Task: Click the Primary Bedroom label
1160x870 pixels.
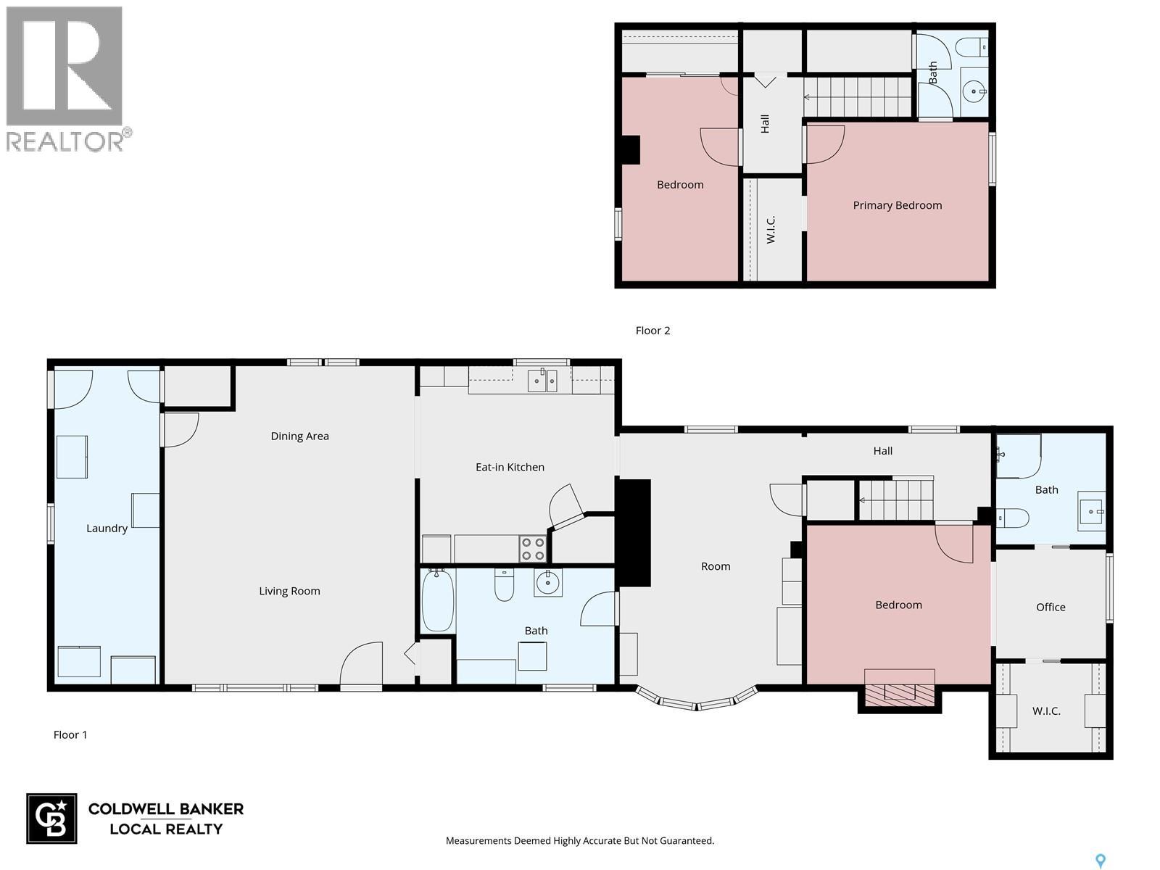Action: pyautogui.click(x=897, y=205)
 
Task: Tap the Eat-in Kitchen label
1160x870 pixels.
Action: pyautogui.click(x=510, y=467)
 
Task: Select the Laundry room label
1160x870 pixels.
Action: pyautogui.click(x=107, y=529)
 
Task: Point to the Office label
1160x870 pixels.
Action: pyautogui.click(x=1050, y=607)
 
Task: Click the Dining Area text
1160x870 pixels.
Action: pyautogui.click(x=299, y=436)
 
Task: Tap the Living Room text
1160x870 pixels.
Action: pyautogui.click(x=289, y=591)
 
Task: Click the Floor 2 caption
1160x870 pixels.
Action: pyautogui.click(x=652, y=331)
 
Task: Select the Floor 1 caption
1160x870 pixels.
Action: pyautogui.click(x=70, y=734)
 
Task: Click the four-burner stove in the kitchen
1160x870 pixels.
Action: pyautogui.click(x=532, y=548)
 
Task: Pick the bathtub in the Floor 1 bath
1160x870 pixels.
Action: pyautogui.click(x=438, y=600)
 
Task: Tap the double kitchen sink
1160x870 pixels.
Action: pyautogui.click(x=542, y=381)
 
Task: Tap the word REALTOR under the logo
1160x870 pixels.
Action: pyautogui.click(x=65, y=141)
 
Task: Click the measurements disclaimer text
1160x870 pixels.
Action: pyautogui.click(x=580, y=840)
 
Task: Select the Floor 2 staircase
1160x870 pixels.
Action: pyautogui.click(x=858, y=97)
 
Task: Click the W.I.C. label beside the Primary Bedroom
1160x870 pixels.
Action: pyautogui.click(x=771, y=229)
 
